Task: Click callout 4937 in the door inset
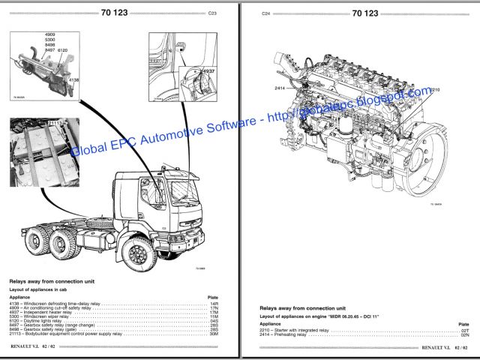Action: [x=207, y=71]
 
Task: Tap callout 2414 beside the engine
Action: [x=280, y=88]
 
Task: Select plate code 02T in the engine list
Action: [x=464, y=330]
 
